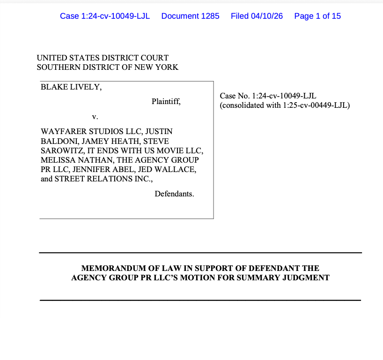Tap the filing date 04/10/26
[x=266, y=16]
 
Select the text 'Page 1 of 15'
[x=317, y=16]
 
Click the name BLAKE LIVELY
[x=71, y=87]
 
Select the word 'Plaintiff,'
[x=166, y=101]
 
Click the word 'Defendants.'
[x=174, y=194]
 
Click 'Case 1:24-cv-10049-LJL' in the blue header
[x=105, y=16]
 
